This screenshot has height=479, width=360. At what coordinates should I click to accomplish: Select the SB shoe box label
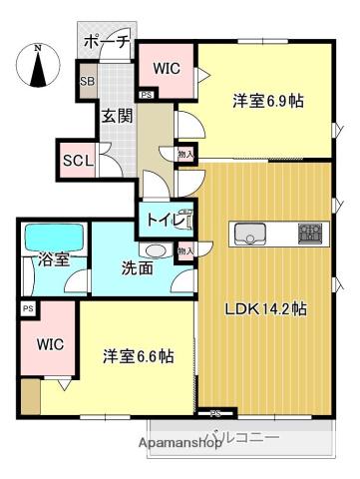pyautogui.click(x=87, y=80)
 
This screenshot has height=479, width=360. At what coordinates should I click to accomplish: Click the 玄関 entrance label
pyautogui.click(x=113, y=115)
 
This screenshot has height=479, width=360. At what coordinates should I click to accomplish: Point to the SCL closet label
pyautogui.click(x=77, y=160)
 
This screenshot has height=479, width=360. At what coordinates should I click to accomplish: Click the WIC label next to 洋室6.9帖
pyautogui.click(x=165, y=68)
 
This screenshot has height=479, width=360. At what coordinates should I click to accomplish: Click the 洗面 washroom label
pyautogui.click(x=140, y=267)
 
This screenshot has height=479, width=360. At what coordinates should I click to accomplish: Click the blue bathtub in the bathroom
pyautogui.click(x=55, y=237)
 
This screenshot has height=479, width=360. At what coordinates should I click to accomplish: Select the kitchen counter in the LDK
pyautogui.click(x=279, y=235)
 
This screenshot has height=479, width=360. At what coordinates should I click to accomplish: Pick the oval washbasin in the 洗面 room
pyautogui.click(x=155, y=250)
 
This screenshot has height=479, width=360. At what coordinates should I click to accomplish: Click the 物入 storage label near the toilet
pyautogui.click(x=185, y=251)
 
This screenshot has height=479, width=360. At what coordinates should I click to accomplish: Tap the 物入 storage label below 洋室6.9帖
pyautogui.click(x=184, y=154)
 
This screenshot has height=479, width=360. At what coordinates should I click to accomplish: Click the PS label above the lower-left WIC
pyautogui.click(x=26, y=309)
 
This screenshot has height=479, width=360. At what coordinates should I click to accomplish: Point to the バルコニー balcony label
pyautogui.click(x=243, y=436)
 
